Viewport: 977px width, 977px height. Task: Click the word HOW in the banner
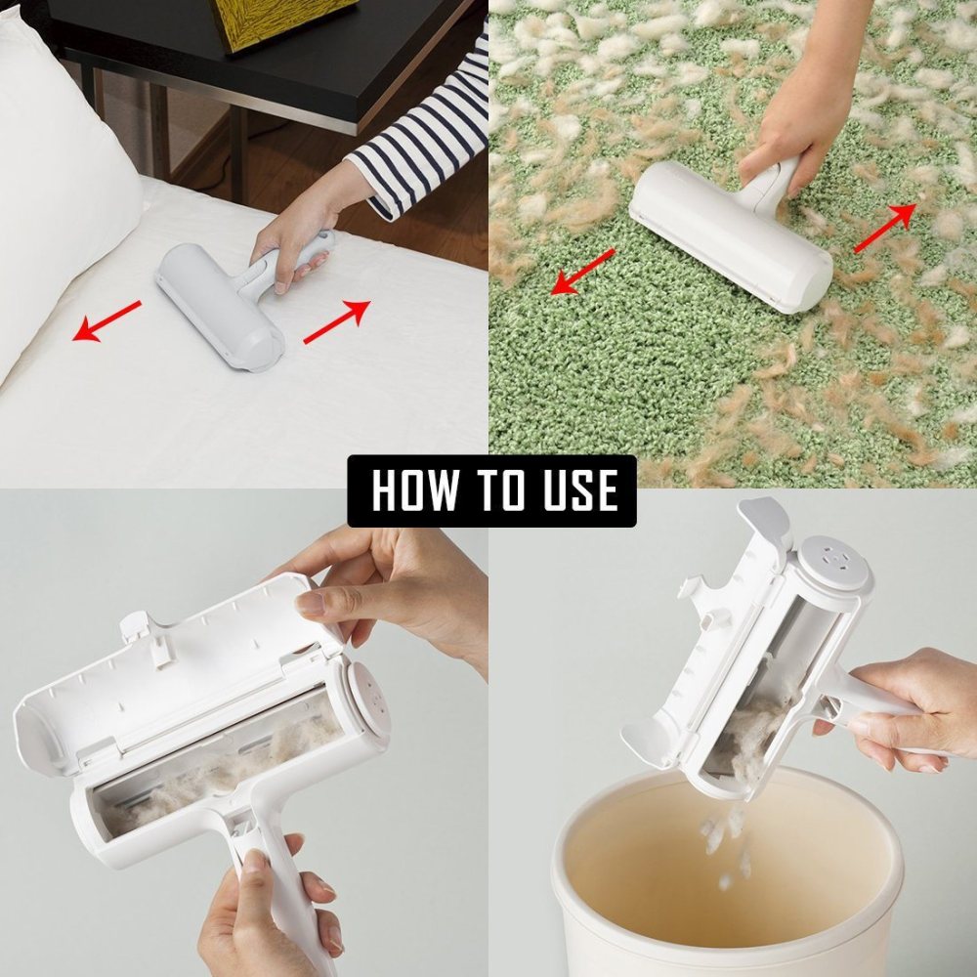[x=414, y=490]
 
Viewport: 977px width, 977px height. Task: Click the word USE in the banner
[x=575, y=490]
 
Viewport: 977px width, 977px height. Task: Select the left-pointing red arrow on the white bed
[x=107, y=321]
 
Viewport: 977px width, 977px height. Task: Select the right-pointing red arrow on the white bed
[x=337, y=322]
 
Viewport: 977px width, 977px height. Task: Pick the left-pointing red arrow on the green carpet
[x=582, y=271]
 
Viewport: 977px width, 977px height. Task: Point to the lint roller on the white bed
[x=220, y=303]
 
